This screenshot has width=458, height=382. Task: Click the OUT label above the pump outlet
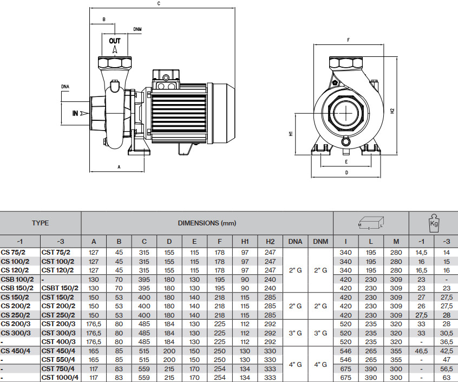point(115,41)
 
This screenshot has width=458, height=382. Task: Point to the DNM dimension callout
point(138,30)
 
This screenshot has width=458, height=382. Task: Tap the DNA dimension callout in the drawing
point(65,86)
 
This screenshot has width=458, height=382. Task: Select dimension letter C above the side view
point(159,4)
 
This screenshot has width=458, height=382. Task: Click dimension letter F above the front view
point(349,40)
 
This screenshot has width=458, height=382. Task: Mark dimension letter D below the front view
point(346,173)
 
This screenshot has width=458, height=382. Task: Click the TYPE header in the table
point(40,223)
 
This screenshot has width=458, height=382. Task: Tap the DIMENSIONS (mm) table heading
point(207,223)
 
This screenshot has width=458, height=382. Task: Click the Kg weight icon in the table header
point(433,223)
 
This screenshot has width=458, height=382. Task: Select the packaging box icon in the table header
point(370,222)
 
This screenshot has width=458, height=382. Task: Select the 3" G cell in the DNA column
point(295,332)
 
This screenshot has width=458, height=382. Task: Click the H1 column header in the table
point(245,241)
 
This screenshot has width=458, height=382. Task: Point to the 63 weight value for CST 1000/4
point(446,377)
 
